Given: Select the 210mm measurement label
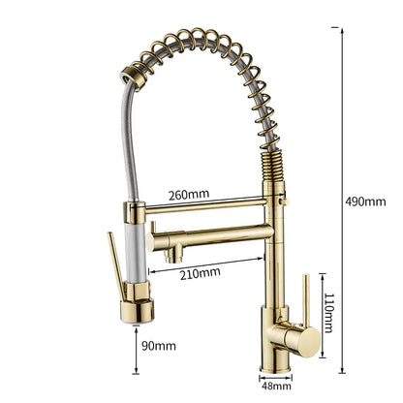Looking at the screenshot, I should [x=201, y=271].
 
